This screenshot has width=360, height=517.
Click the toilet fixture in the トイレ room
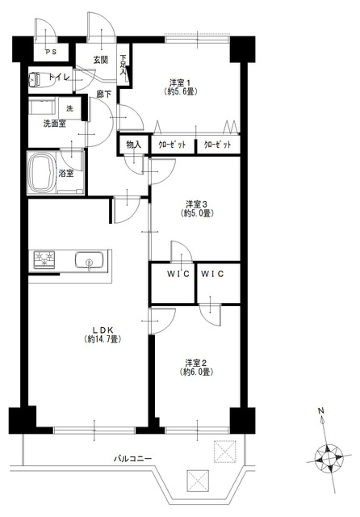pyautogui.click(x=39, y=79)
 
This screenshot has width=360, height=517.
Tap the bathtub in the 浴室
pyautogui.click(x=41, y=172)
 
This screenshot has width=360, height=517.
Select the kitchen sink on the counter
pyautogui.click(x=89, y=260)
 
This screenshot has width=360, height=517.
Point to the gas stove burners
pyautogui.click(x=44, y=259)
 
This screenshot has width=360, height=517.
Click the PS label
pyautogui.click(x=51, y=52)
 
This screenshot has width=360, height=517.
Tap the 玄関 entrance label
pyautogui.click(x=100, y=60)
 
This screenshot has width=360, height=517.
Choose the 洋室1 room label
pyautogui.click(x=180, y=82)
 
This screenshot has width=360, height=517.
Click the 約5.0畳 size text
pyautogui.click(x=197, y=213)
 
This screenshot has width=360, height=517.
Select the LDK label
pyautogui.click(x=103, y=330)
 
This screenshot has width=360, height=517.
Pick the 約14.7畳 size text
pyautogui.click(x=102, y=339)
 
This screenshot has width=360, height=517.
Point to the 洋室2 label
pyautogui.click(x=196, y=364)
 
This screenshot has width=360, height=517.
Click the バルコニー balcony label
pyautogui.click(x=132, y=458)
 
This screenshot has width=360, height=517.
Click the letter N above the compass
pyautogui.click(x=320, y=411)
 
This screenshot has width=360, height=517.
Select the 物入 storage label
pyautogui.click(x=134, y=145)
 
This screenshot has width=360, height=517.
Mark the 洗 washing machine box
pyautogui.click(x=70, y=108)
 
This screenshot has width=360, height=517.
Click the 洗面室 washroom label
pyautogui.click(x=55, y=124)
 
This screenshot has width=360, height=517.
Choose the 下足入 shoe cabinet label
pyautogui.click(x=123, y=65)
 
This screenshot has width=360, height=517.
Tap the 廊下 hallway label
pyautogui.click(x=104, y=95)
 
